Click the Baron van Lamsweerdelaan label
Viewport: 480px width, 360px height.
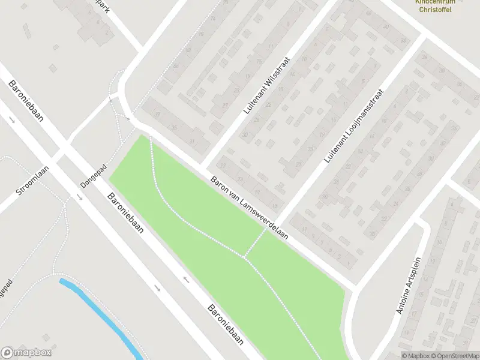[x=249, y=208]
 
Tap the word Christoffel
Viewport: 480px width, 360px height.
[x=436, y=10]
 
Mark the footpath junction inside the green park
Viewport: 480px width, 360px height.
[x=244, y=257]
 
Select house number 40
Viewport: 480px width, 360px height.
[x=386, y=27]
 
